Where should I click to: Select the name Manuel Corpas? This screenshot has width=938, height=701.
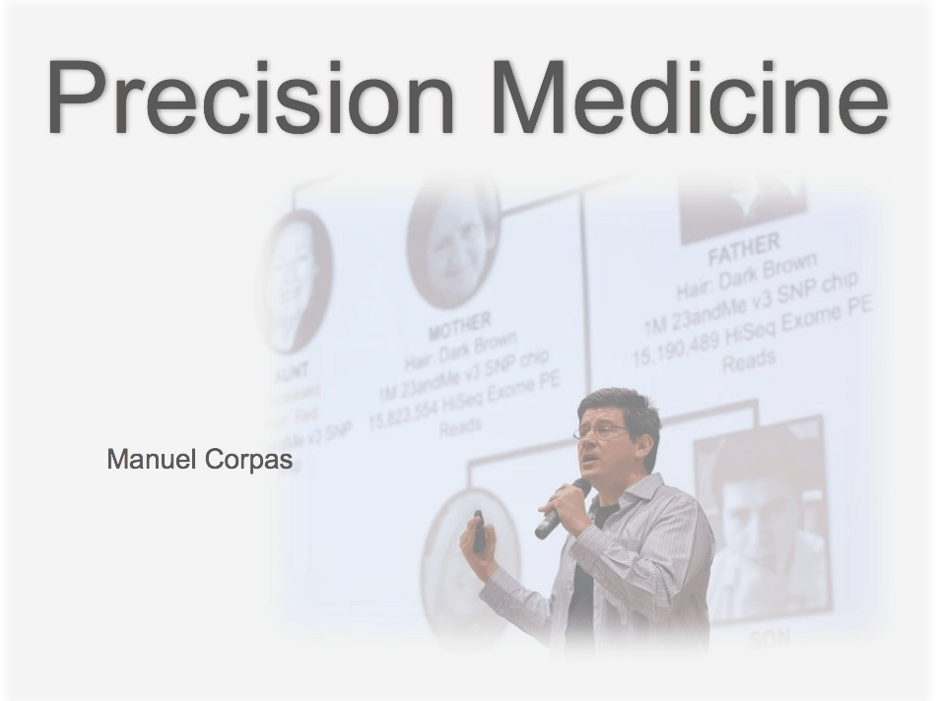(199, 459)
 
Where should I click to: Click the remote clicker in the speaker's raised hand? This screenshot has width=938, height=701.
(479, 531)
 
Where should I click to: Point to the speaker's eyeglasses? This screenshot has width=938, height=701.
(601, 430)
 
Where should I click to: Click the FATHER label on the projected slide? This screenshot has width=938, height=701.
(744, 248)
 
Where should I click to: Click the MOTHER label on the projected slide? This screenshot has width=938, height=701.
(458, 326)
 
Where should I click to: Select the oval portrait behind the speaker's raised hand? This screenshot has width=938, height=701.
(463, 561)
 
